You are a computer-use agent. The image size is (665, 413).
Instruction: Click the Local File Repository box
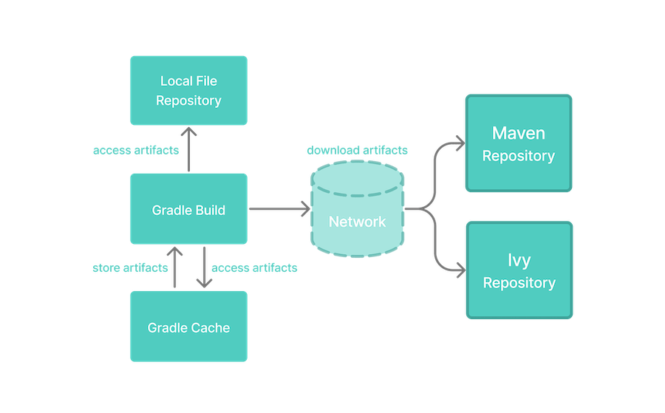coord(188,90)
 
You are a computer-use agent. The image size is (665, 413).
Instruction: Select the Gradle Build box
coord(188,210)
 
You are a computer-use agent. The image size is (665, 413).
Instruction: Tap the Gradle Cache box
coord(188,327)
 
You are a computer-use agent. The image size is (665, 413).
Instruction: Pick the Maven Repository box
coord(519,143)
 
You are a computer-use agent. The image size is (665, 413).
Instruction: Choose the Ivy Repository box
coord(519,270)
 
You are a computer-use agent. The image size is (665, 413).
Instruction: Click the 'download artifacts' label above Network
coord(357,150)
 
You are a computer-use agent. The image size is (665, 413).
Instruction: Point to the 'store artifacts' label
coord(130,267)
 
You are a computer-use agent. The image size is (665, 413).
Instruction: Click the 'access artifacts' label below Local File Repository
coord(136,150)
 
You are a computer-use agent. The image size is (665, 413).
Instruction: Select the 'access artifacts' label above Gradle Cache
coord(255,267)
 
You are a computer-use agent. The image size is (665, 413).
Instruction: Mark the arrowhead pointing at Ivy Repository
coord(457,268)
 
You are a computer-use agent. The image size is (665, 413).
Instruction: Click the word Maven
coord(519,134)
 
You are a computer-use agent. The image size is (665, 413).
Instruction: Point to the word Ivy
coord(519,261)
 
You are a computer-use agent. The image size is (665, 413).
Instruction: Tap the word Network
coord(358,222)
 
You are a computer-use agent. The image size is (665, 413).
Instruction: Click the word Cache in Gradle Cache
coord(211,327)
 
